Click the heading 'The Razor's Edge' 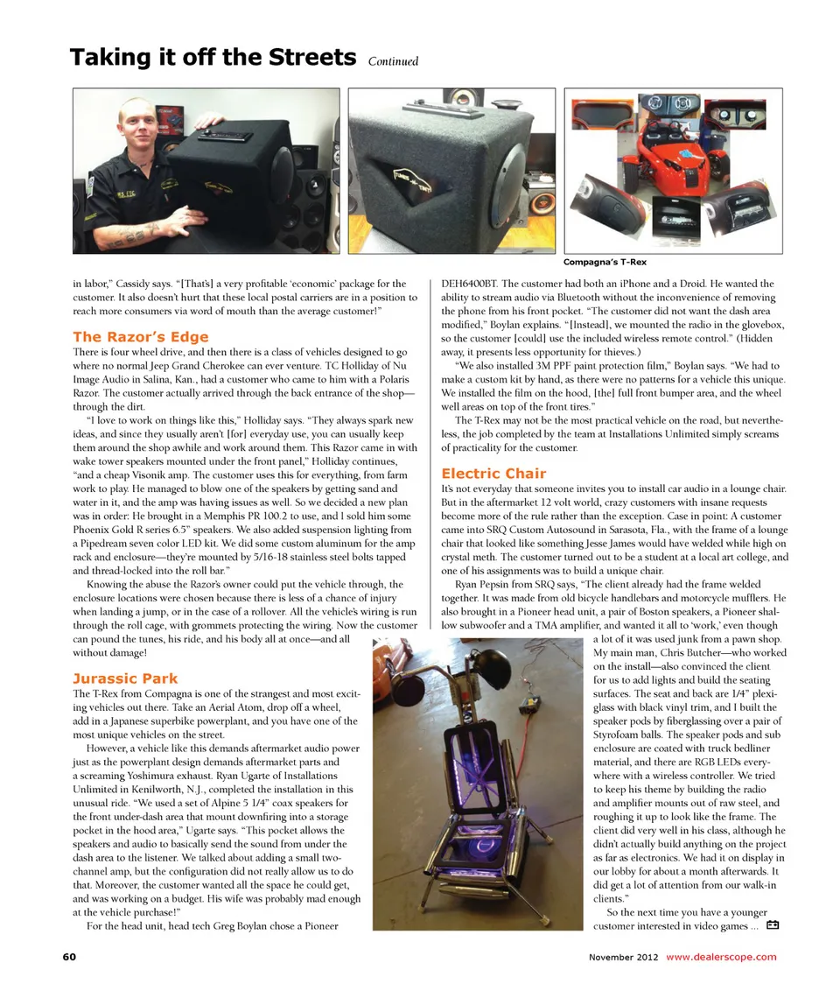coord(141,336)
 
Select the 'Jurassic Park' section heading coord(125,678)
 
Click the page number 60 coord(69,956)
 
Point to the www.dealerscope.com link coord(720,956)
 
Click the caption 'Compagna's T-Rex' coord(605,262)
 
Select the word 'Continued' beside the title coord(393,61)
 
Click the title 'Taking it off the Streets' coord(213,58)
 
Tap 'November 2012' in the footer coord(624,956)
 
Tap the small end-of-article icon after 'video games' coord(773,925)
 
